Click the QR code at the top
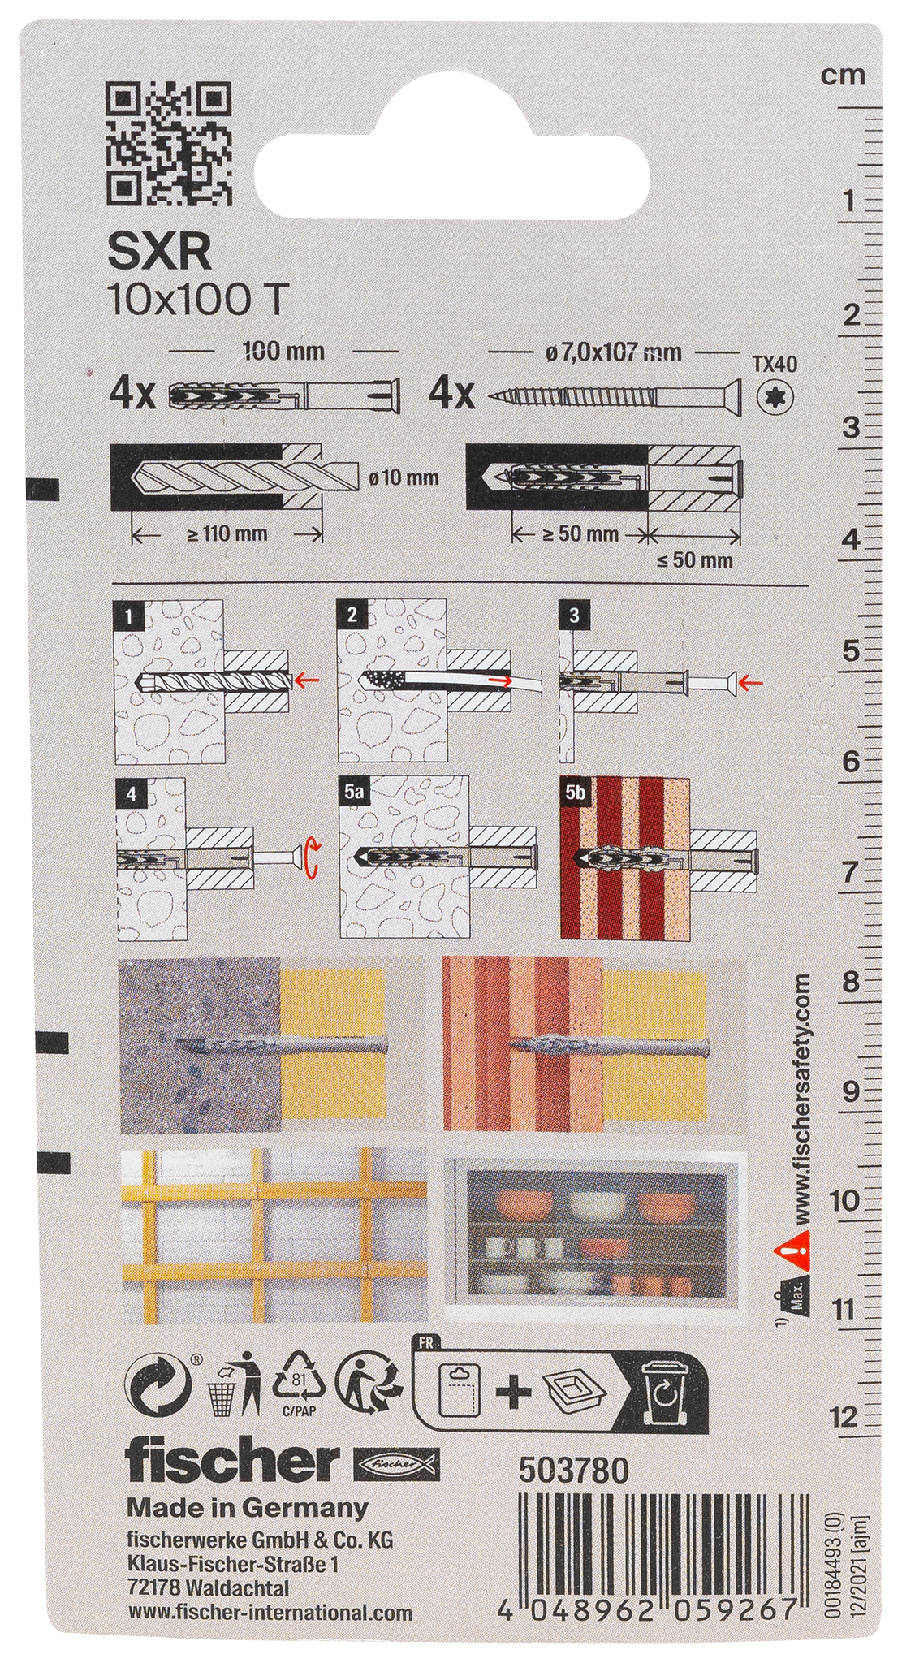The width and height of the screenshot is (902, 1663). (x=170, y=143)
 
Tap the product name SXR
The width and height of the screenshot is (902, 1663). (x=160, y=254)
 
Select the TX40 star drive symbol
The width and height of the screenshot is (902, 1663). (x=777, y=397)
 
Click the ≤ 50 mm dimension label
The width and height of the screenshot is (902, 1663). (x=696, y=559)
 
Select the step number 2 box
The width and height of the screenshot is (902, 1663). (x=351, y=615)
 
